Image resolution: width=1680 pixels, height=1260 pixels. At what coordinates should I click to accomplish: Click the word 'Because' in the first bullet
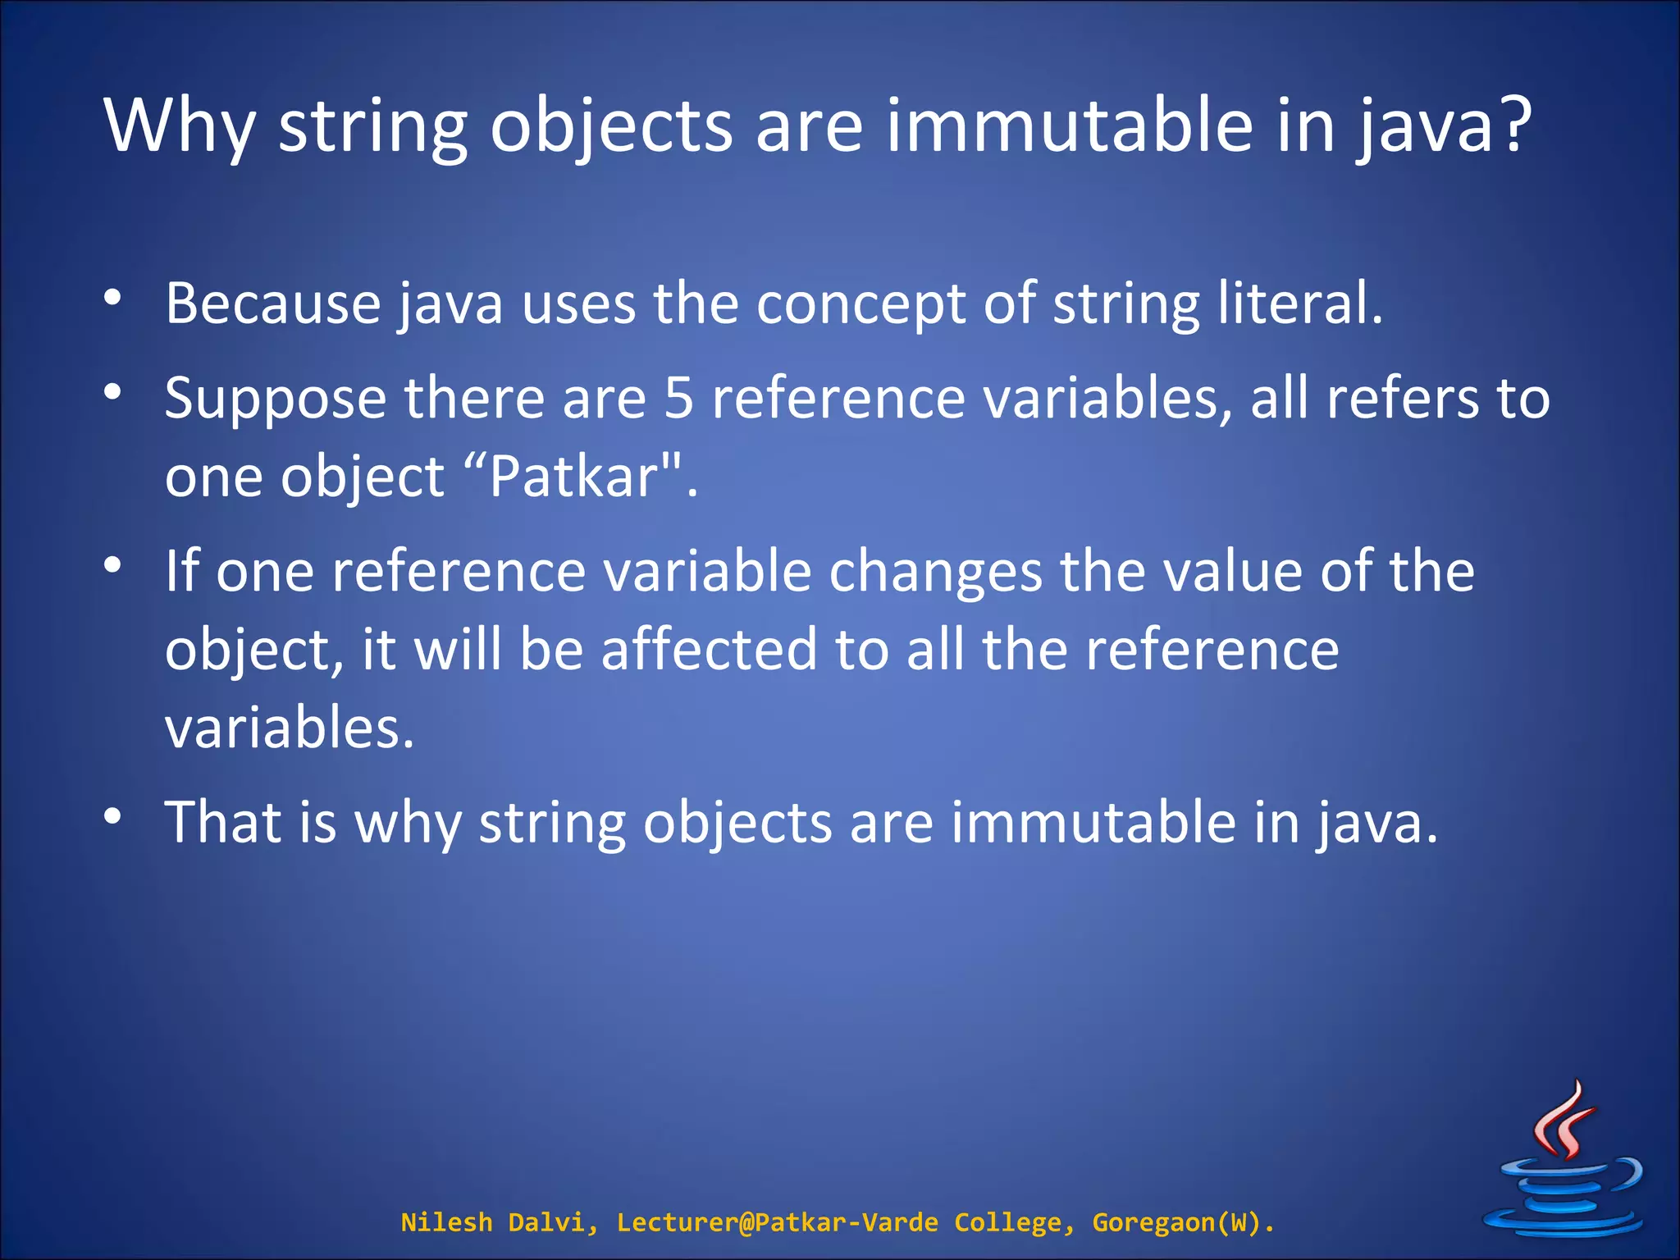click(273, 303)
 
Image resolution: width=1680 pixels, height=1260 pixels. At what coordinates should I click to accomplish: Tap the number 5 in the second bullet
click(678, 399)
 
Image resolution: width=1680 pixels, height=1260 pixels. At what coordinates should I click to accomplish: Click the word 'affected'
click(709, 649)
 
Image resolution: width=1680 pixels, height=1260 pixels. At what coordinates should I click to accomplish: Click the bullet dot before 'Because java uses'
click(113, 299)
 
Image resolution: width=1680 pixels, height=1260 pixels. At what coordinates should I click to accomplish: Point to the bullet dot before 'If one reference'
click(113, 565)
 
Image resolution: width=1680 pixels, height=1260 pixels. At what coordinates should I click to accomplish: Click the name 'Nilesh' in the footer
click(446, 1223)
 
